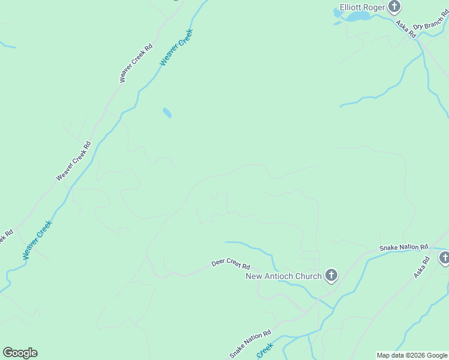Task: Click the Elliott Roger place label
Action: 361,7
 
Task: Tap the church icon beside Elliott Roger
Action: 394,7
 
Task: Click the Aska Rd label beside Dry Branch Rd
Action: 406,29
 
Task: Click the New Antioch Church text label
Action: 284,276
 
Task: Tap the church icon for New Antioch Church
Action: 331,275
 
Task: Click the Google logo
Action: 20,353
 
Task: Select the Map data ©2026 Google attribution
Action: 412,355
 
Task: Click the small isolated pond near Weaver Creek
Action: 167,112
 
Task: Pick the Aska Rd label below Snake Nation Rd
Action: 422,268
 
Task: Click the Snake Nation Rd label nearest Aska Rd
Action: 403,247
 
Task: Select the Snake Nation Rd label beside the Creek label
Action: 250,344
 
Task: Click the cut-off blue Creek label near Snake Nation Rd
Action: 265,350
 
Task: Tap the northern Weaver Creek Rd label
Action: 136,63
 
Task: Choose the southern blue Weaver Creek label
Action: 37,240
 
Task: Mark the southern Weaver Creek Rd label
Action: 73,161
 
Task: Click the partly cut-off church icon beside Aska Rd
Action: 444,258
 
